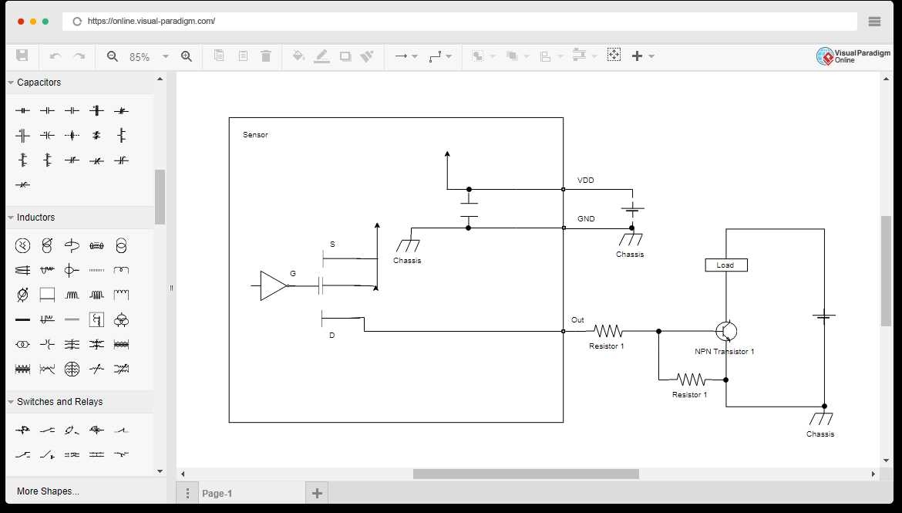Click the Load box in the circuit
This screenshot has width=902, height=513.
point(725,265)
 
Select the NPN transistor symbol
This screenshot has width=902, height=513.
point(726,331)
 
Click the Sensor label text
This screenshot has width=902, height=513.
point(255,135)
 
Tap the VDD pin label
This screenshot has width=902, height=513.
point(585,181)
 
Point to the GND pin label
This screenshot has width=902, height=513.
point(586,219)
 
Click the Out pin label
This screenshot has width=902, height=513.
point(577,320)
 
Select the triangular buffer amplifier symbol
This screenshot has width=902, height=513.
point(273,285)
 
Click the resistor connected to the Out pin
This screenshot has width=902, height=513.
point(608,331)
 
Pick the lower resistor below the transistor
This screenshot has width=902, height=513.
point(690,380)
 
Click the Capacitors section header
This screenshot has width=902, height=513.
point(39,83)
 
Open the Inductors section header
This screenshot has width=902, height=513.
point(35,218)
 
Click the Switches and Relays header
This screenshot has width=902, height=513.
point(59,402)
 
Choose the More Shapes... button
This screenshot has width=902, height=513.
point(48,491)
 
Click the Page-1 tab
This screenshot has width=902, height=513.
point(217,494)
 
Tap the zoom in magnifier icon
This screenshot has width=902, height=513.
point(186,56)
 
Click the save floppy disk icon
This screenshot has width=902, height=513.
point(22,56)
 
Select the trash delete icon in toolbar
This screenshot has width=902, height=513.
point(266,56)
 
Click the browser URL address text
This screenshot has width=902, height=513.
point(151,22)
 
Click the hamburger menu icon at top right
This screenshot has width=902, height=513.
point(874,22)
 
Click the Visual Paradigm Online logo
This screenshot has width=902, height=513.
point(853,56)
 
